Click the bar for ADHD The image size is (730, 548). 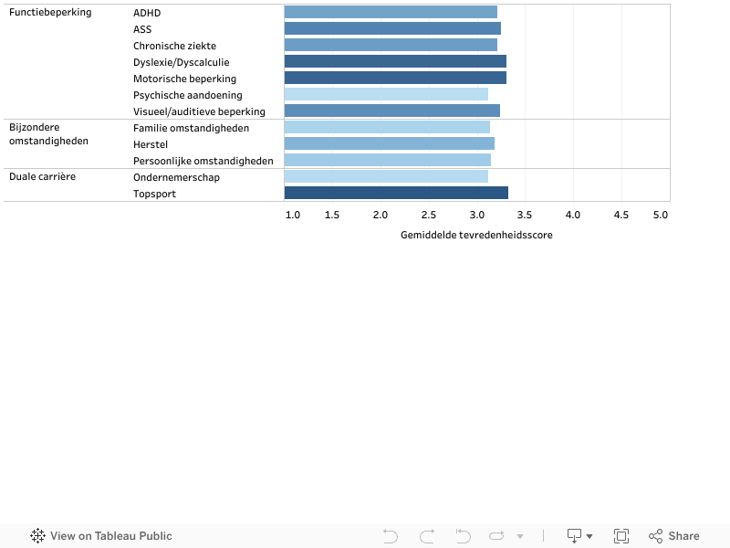391,12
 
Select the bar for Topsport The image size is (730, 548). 396,193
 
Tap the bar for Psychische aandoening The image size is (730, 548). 386,94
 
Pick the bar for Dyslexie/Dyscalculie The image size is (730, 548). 395,61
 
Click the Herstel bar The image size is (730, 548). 389,143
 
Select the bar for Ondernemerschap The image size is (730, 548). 386,176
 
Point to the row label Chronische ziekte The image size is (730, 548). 174,46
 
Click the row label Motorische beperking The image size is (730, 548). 184,79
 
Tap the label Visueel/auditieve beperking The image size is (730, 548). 199,111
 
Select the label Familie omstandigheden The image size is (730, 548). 191,128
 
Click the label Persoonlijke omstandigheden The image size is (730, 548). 203,161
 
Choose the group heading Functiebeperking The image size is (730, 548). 50,13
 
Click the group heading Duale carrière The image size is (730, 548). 43,176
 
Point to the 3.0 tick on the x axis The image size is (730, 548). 476,215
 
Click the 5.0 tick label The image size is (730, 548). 660,215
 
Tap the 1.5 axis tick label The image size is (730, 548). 332,215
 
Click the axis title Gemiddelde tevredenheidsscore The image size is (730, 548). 476,235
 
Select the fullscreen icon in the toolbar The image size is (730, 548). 621,536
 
